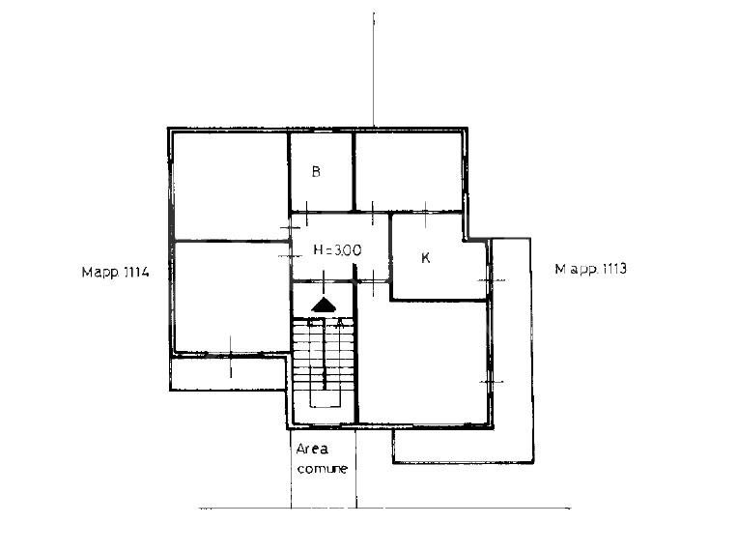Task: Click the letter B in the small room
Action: tap(316, 172)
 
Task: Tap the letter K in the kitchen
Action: tap(425, 258)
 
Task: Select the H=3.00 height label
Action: tap(337, 249)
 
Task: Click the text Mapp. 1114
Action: tap(115, 272)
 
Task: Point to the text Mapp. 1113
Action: tap(591, 269)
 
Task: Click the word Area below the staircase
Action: tap(312, 449)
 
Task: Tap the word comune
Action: tap(323, 469)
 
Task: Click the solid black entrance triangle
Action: tap(324, 305)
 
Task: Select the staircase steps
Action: tap(324, 354)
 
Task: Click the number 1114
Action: tap(137, 272)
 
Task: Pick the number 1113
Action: tap(614, 269)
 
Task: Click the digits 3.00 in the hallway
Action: tap(348, 249)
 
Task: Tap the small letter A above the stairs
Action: tap(340, 323)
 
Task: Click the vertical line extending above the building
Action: tap(374, 70)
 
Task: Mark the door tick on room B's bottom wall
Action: tap(306, 213)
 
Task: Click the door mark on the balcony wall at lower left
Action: tap(230, 357)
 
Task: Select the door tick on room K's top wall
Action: tap(425, 214)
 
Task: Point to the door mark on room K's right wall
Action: tap(492, 280)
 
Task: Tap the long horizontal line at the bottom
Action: tap(384, 509)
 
